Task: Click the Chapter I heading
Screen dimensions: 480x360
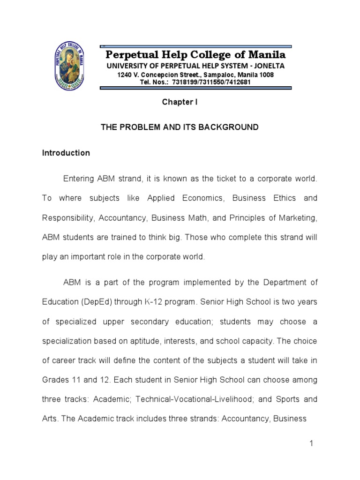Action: (x=180, y=102)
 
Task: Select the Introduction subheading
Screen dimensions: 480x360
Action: (x=66, y=153)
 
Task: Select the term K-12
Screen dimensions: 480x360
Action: (x=167, y=302)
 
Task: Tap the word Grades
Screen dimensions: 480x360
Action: (x=55, y=379)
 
